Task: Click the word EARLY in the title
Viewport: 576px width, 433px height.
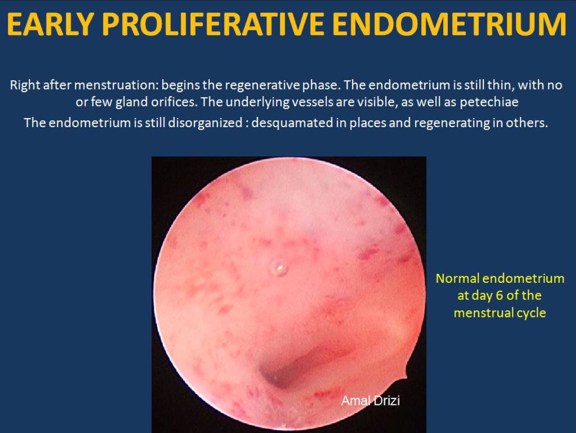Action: [50, 25]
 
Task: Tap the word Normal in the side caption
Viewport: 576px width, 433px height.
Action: [457, 278]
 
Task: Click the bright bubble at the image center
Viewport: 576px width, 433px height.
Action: [279, 268]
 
